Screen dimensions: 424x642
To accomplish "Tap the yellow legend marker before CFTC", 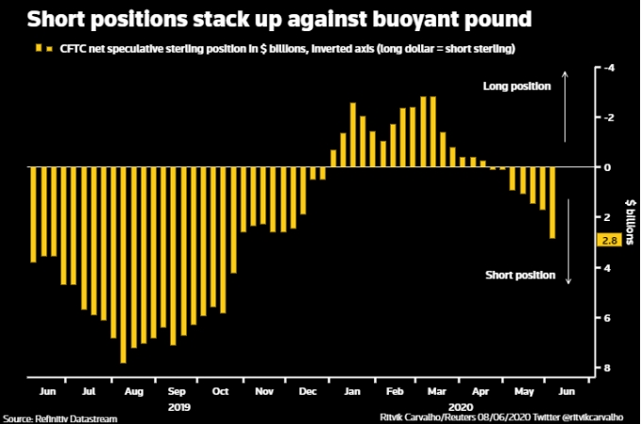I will point(37,47).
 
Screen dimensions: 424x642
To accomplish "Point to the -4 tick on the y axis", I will point(610,68).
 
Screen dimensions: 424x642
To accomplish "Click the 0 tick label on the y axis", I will point(610,167).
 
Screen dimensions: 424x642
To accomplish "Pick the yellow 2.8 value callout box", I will point(610,241).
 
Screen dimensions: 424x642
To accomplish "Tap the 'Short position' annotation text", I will point(517,274).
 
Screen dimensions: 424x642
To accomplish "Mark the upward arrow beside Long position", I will point(566,104).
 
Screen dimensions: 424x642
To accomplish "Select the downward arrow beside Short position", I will point(568,255).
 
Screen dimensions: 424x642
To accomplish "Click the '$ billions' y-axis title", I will point(627,215).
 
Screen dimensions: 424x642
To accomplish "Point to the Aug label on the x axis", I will point(132,389).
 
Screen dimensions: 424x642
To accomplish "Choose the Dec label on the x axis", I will point(307,389).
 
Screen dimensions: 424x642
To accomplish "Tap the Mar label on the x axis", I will point(437,389).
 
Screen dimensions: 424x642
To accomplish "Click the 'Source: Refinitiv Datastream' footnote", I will point(47,416).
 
